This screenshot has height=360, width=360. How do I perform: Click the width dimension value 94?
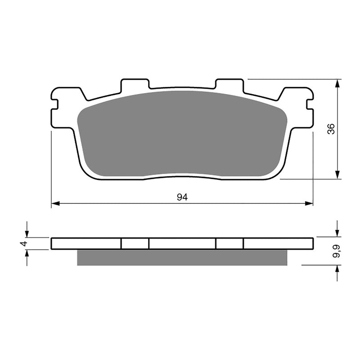click(182, 197)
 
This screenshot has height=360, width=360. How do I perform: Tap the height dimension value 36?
click(332, 129)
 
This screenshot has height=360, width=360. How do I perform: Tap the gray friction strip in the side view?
click(182, 257)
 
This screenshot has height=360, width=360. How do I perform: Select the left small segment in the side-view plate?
click(135, 243)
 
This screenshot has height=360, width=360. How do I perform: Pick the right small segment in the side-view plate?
click(229, 243)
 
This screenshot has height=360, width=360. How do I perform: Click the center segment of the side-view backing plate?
click(182, 243)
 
